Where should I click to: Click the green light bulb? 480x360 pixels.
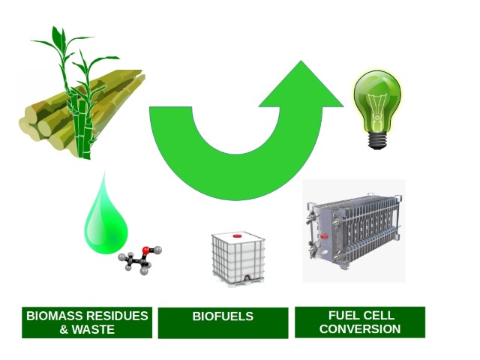377,109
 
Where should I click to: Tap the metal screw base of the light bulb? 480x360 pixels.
377,140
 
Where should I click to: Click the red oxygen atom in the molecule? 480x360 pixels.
146,250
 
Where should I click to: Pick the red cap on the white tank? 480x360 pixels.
238,236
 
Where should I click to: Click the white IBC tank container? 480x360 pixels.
238,259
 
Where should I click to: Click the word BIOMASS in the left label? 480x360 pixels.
53,316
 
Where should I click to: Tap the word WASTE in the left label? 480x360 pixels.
93,330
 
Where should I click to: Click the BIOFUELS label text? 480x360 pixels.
223,316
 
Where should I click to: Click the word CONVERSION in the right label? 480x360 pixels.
360,329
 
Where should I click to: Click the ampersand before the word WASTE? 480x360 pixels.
64,330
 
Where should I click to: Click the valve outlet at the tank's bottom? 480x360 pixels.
247,278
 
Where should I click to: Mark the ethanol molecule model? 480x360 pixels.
140,259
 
